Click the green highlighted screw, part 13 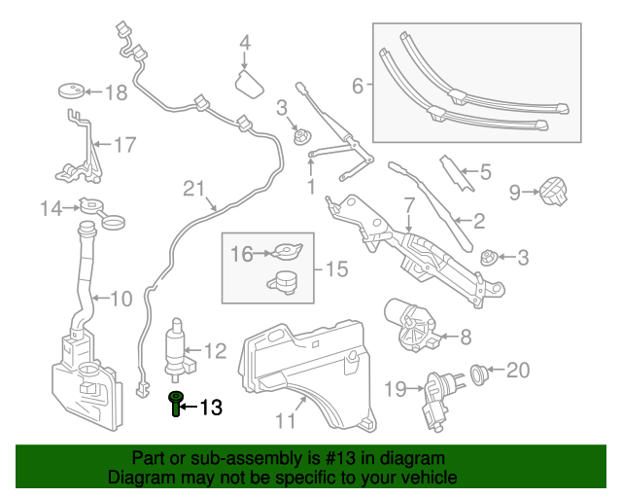(176, 403)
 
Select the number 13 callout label (211, 408)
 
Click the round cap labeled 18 (69, 91)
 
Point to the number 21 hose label (195, 188)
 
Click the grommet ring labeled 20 (478, 371)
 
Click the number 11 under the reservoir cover (285, 421)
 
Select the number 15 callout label (335, 268)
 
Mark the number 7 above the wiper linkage (409, 205)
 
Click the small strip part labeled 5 (457, 173)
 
